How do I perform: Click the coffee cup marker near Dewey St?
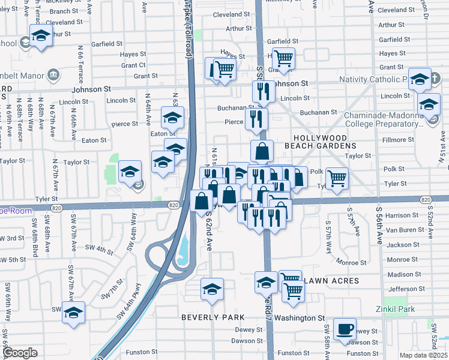point(345,328)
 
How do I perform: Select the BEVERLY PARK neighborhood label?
point(213,317)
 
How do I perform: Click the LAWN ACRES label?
point(331,281)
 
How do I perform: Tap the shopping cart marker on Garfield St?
point(283,58)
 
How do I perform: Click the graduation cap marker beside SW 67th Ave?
point(74,313)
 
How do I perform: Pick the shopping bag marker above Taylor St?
point(262,151)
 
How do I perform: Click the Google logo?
point(19,353)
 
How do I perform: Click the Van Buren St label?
point(403,230)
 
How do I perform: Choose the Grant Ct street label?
point(133,65)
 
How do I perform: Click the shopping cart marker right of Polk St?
point(337,178)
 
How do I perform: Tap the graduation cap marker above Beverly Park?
point(212,289)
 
